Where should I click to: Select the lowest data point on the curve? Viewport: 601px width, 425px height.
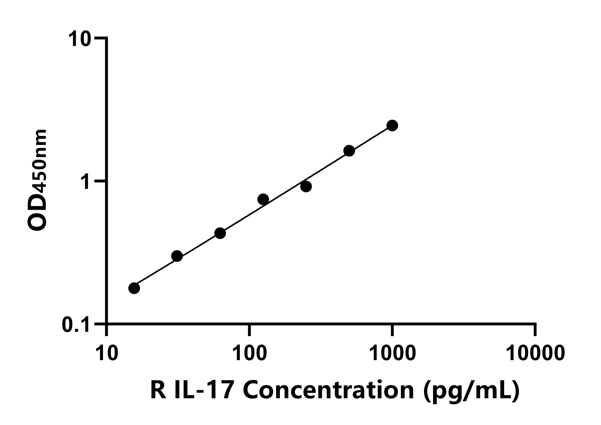pos(134,288)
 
